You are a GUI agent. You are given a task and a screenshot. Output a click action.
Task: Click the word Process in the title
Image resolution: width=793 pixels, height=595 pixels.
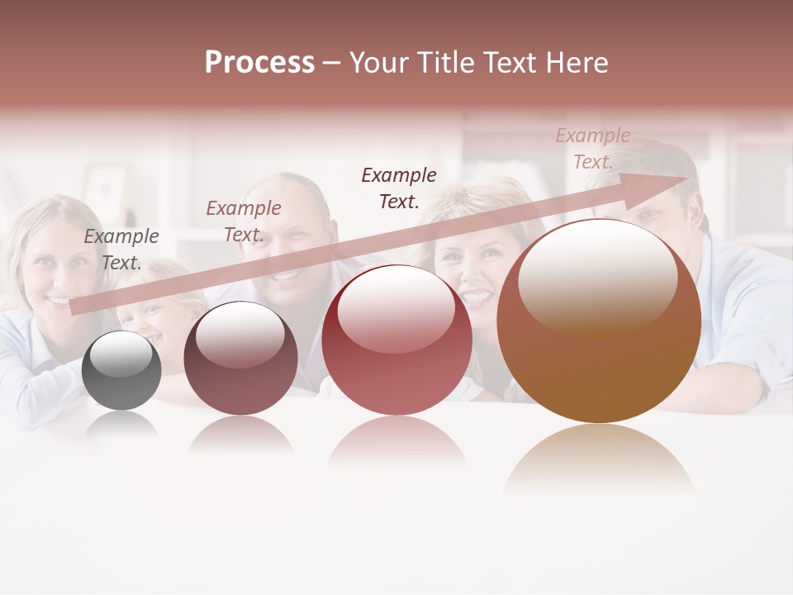point(259,63)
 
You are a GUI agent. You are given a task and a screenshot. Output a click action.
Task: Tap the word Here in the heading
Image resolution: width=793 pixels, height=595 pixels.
point(578,63)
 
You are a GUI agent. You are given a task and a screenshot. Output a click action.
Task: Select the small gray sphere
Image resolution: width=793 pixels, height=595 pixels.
point(121,370)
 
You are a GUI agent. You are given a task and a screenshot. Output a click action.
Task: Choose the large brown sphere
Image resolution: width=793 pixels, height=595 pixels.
point(599,331)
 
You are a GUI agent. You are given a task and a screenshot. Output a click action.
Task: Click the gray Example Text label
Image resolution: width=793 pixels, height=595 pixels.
point(121,250)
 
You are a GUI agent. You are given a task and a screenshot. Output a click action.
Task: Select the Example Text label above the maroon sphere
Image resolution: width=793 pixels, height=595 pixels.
point(244,221)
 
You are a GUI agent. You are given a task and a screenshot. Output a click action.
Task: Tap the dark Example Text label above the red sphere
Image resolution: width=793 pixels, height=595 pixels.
point(399,188)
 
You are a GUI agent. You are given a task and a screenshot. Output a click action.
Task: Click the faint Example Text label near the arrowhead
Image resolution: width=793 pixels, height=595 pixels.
point(593,149)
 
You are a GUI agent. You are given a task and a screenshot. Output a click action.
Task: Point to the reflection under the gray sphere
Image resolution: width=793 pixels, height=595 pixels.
point(121,424)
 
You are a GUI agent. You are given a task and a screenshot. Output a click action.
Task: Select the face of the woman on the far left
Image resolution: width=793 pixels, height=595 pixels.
point(51,260)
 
